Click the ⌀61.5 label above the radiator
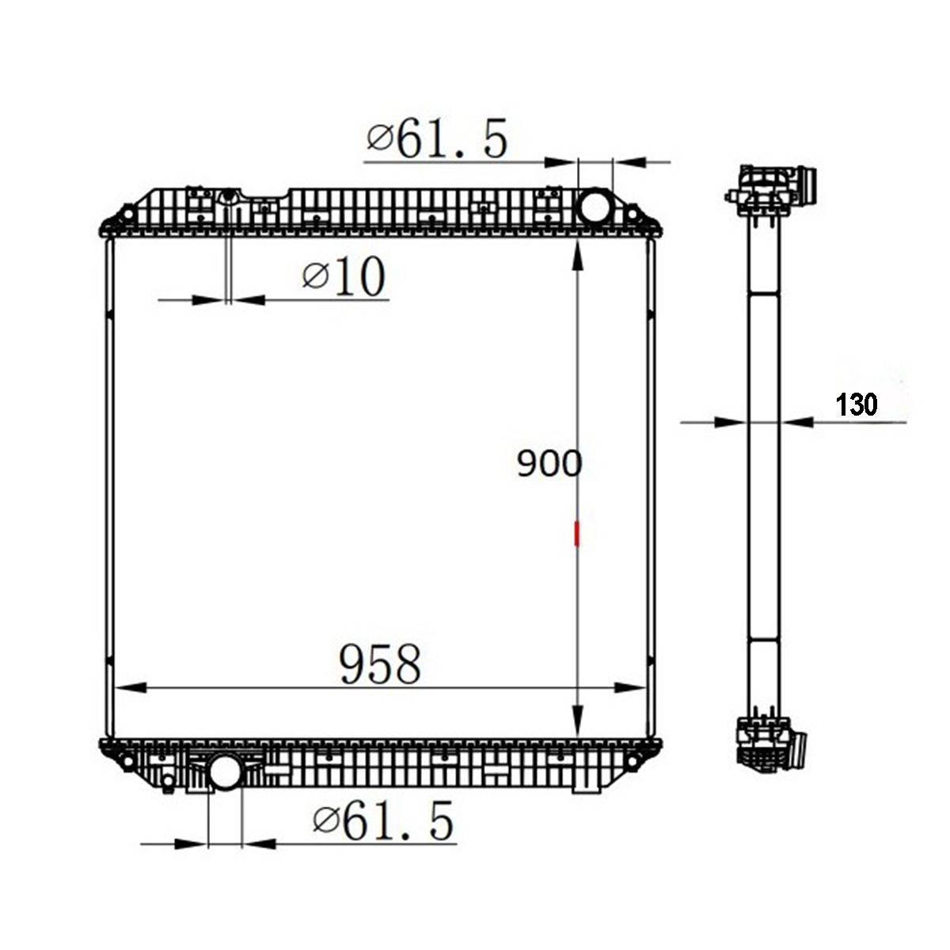coord(436,139)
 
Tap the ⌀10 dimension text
coord(344,277)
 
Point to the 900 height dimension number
coord(549,464)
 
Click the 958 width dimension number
coord(380,664)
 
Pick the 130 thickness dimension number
coord(857,405)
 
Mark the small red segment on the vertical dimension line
coord(578,534)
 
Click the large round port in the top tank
coord(595,207)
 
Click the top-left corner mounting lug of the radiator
coord(125,215)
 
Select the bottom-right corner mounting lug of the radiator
coord(634,761)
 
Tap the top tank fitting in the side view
coord(772,190)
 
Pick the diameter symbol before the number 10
coord(315,276)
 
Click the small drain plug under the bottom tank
coord(168,784)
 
